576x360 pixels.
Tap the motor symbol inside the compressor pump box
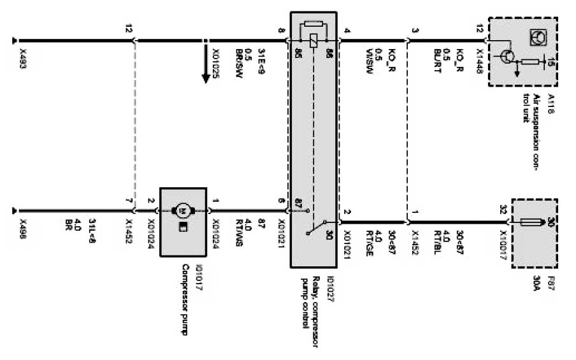(183, 210)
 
